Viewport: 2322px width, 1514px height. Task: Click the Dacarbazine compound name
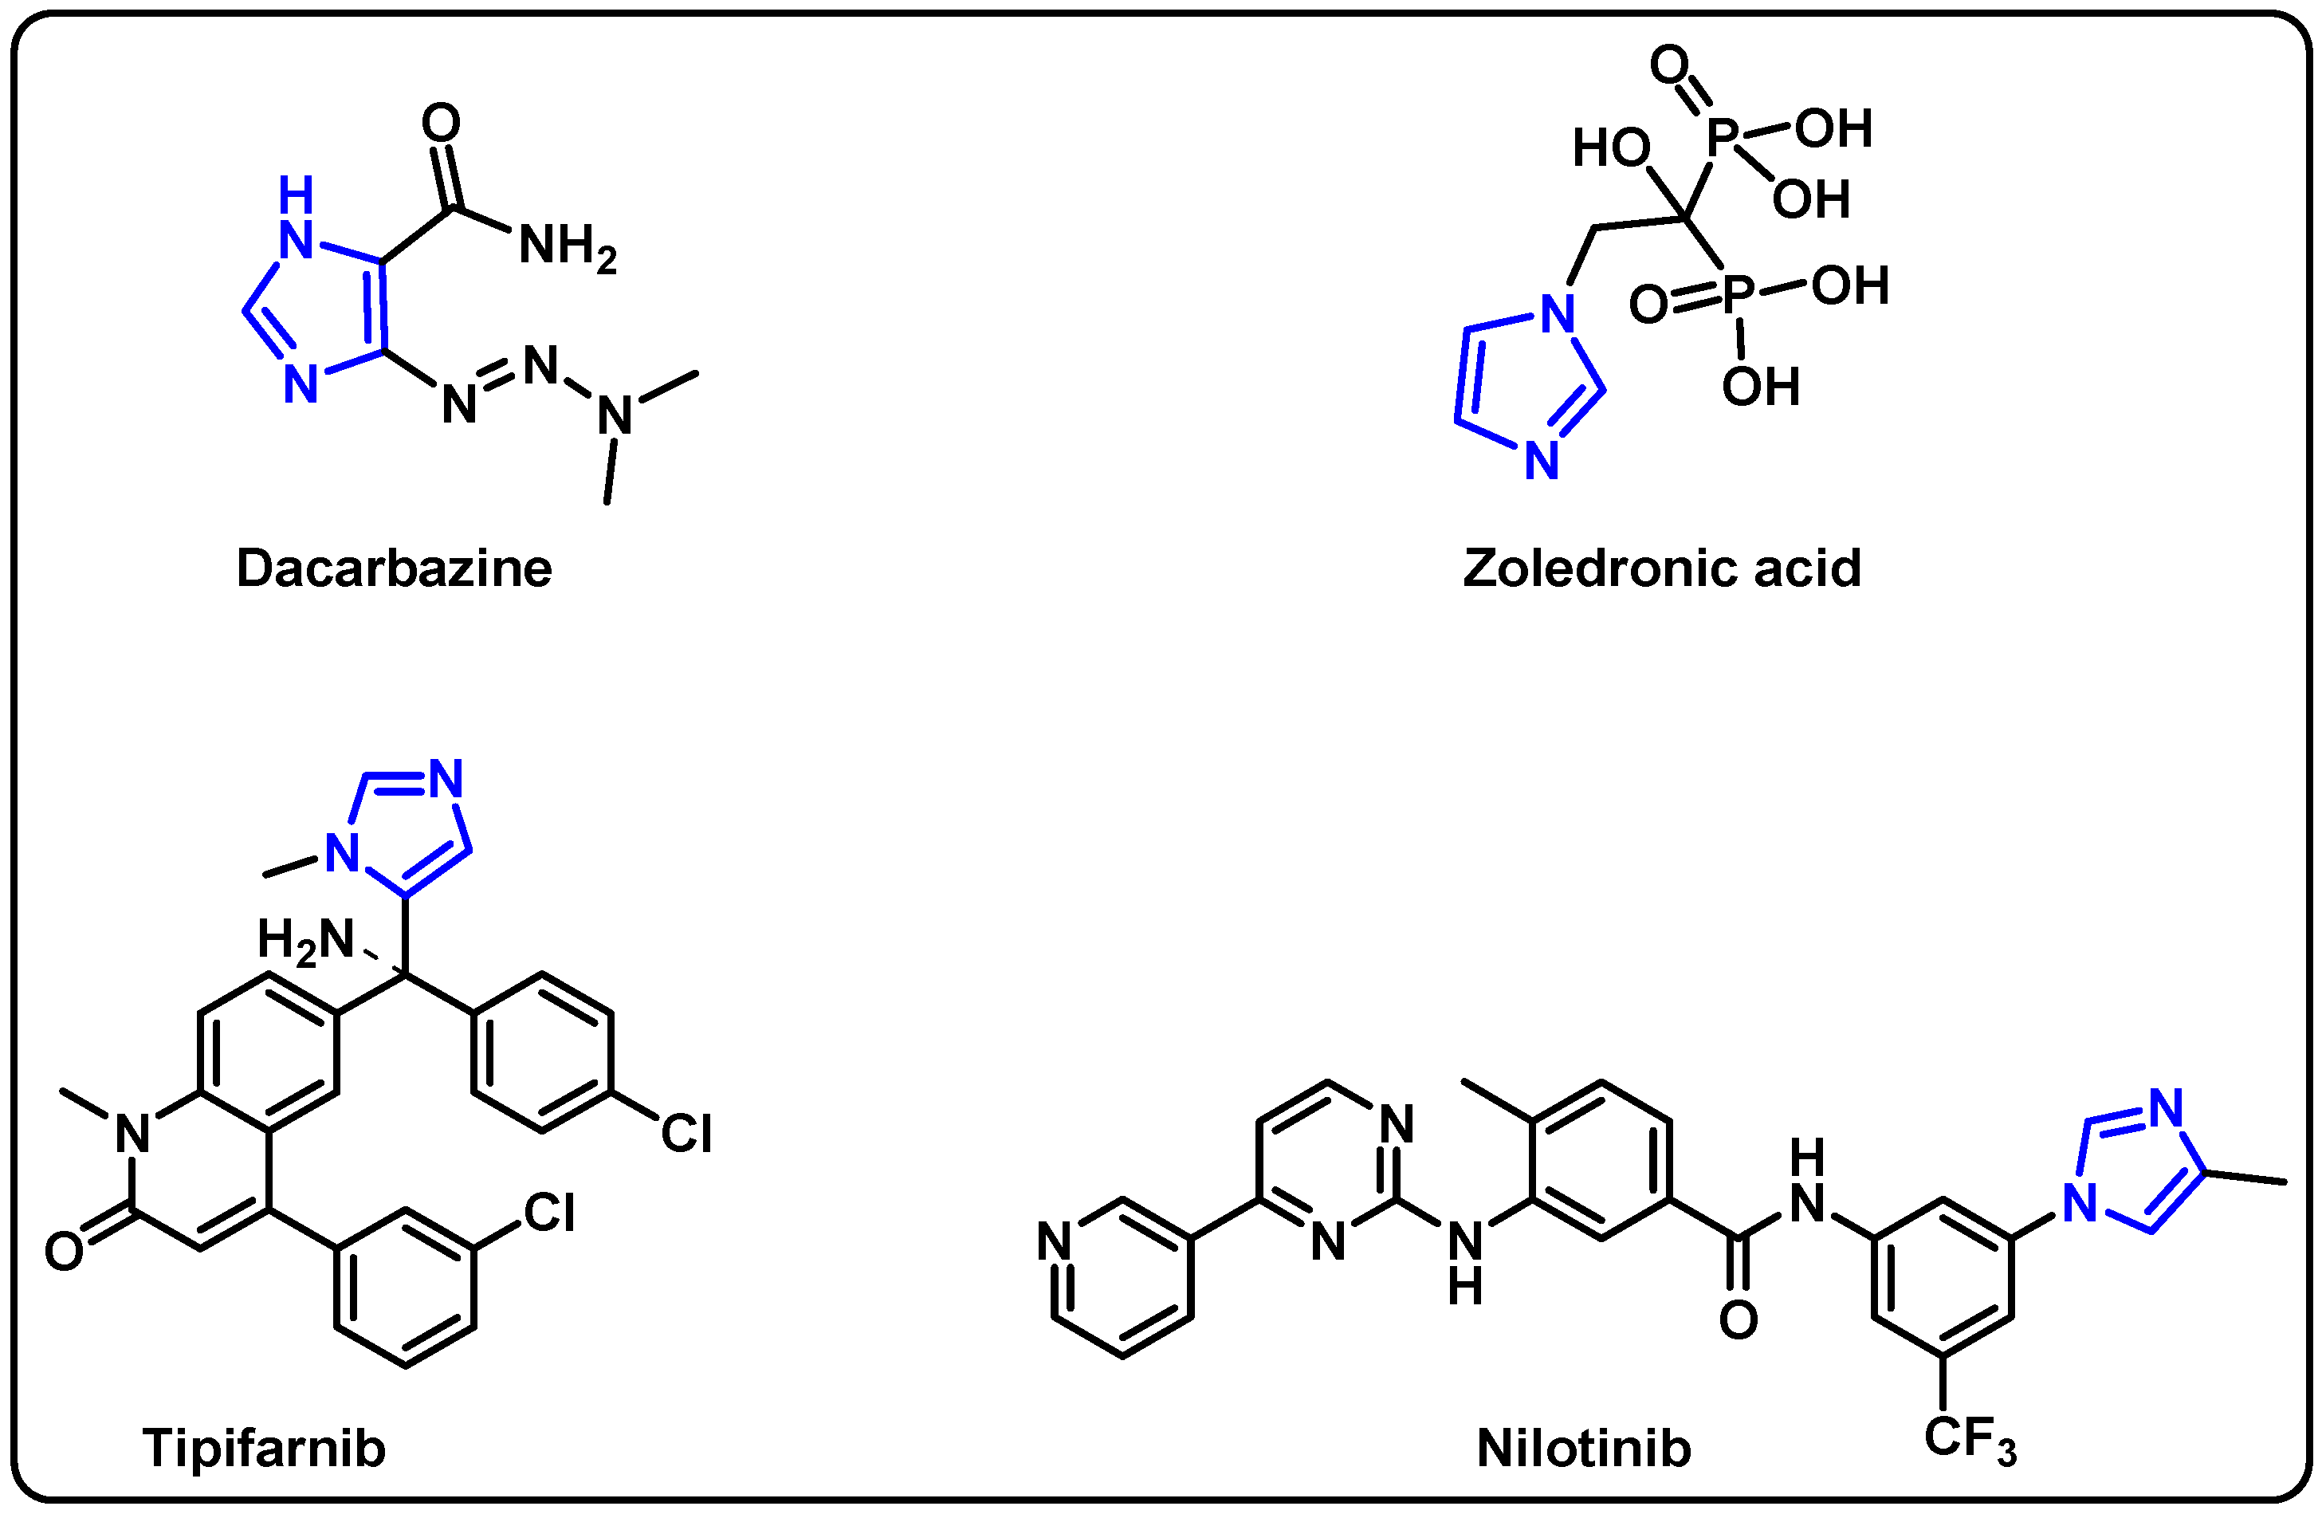point(394,568)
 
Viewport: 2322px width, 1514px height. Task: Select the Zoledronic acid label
point(1661,568)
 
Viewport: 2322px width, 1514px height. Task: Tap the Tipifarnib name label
point(265,1448)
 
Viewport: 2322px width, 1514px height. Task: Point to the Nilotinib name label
point(1583,1449)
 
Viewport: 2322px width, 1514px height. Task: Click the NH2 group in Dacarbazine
point(566,246)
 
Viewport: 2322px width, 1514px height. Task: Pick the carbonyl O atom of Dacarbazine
point(441,124)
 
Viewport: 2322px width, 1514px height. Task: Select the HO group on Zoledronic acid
point(1611,149)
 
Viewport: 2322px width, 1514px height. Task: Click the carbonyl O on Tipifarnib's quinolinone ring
point(65,1252)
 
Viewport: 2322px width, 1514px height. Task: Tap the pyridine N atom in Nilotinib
point(1055,1242)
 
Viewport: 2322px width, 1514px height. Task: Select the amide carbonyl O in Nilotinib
point(1739,1321)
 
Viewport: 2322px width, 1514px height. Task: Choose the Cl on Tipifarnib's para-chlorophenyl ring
point(686,1135)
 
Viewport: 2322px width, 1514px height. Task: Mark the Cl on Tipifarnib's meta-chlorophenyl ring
point(549,1213)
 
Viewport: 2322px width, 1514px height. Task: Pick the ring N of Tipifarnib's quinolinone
point(132,1135)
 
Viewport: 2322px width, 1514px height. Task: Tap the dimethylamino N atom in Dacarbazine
point(615,416)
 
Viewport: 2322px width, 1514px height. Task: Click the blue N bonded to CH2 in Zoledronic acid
point(1558,314)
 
